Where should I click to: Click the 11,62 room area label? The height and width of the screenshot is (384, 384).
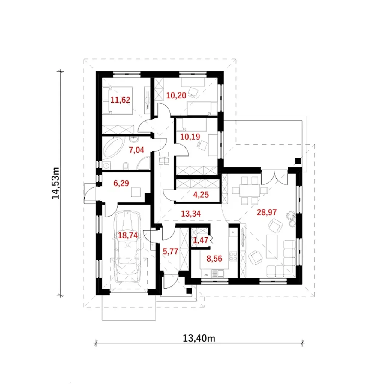pos(120,100)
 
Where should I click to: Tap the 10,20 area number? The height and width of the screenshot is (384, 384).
pos(176,95)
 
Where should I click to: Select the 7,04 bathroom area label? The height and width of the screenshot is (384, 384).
pos(136,150)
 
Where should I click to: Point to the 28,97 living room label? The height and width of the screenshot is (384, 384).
pos(267,212)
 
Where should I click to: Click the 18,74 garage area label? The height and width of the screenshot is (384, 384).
pos(128,235)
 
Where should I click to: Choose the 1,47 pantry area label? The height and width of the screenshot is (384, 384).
pos(201,240)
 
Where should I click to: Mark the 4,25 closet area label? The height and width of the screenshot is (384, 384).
pos(201,195)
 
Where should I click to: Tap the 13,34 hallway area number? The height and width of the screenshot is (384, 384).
pos(191,214)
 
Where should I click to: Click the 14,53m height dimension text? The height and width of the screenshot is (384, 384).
pos(55,183)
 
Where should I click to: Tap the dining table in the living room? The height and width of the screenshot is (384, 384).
pos(250,191)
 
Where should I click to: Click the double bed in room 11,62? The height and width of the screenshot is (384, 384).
pos(118,100)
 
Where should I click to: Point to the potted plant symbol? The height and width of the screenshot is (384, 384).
pos(291,219)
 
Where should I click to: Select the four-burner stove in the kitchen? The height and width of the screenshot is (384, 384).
pos(233,256)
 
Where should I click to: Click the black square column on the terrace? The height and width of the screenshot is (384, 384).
pos(298,161)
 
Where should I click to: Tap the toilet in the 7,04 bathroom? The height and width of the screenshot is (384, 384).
pos(126,166)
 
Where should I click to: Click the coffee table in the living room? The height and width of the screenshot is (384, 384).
pos(272,247)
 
